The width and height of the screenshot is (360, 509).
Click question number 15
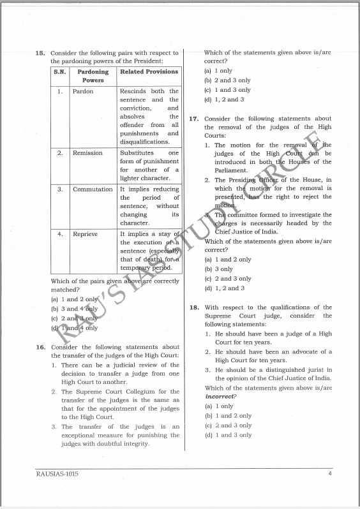pos(40,53)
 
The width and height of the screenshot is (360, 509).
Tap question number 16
pos(40,347)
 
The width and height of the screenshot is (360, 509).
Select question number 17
pos(194,119)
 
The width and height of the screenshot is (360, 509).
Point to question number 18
pos(194,307)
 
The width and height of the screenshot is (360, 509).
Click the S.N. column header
pos(59,72)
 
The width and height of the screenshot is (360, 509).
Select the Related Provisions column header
pos(149,72)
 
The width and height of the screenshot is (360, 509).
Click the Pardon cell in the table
pos(83,92)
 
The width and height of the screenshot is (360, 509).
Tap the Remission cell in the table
pos(87,153)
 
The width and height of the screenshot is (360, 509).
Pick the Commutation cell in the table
pos(93,189)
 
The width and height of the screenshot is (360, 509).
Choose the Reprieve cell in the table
pos(86,234)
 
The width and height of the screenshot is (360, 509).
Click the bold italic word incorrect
pos(220,396)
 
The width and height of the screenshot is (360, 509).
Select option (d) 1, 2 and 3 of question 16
pos(224,100)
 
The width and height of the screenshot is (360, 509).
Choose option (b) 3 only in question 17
pos(220,269)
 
